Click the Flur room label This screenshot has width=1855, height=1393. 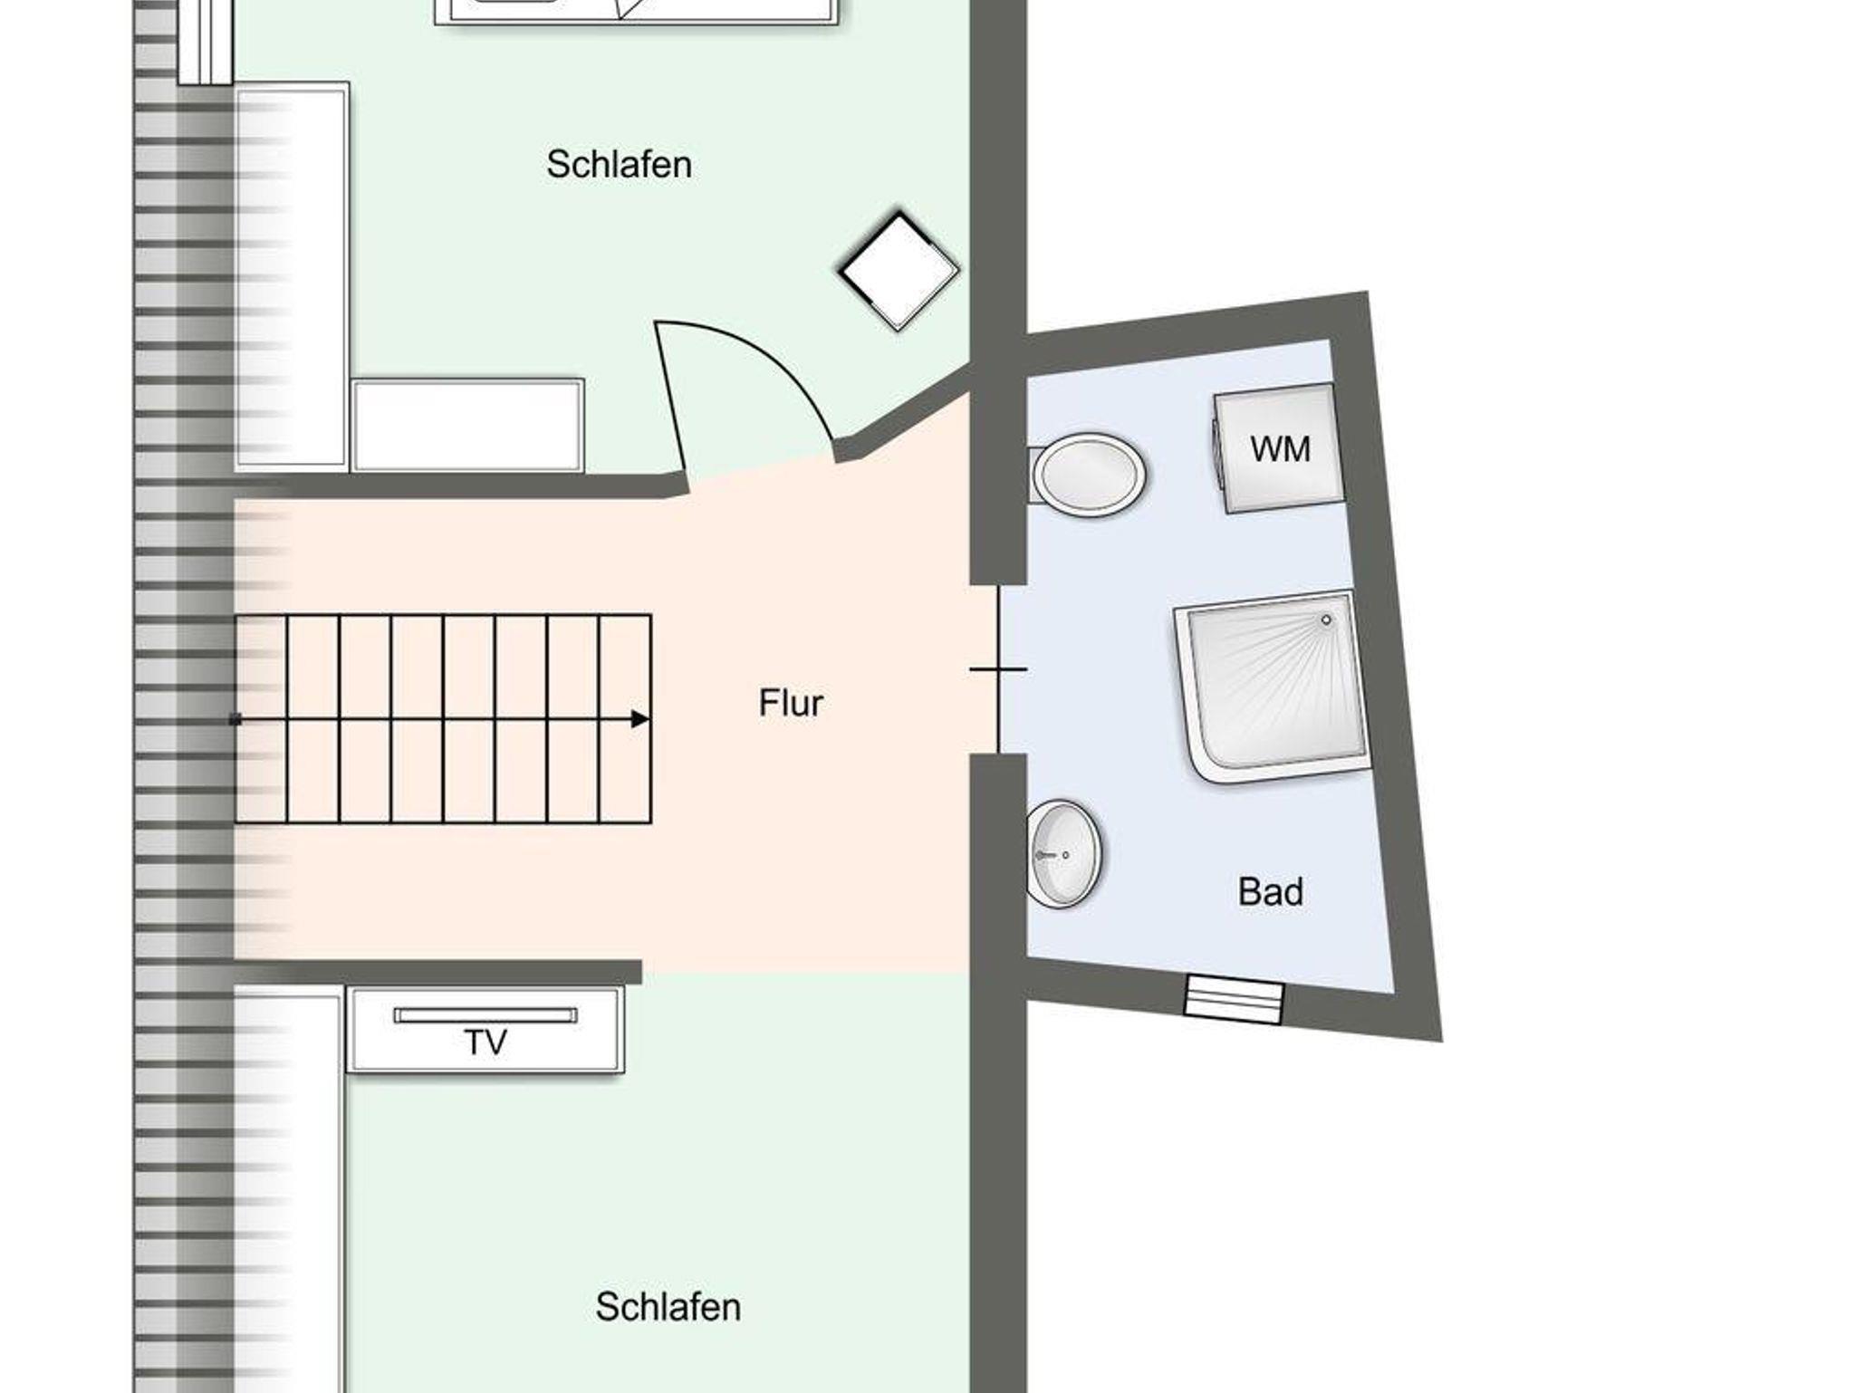[x=791, y=703]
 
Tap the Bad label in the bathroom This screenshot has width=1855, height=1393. [x=1271, y=892]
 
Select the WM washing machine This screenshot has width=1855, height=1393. [x=1279, y=448]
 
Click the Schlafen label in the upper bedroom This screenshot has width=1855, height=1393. [x=619, y=164]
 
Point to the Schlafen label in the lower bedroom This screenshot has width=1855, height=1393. [x=668, y=1307]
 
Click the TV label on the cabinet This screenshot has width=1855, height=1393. [x=485, y=1042]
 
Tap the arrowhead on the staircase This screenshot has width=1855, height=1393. [x=640, y=719]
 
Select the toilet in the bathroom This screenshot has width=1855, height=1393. [x=1087, y=475]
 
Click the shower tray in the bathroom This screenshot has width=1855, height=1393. [x=1273, y=686]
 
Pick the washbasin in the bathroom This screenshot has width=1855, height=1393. [x=1064, y=853]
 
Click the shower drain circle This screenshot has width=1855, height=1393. [x=1327, y=620]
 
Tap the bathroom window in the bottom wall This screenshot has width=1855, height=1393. [x=1235, y=999]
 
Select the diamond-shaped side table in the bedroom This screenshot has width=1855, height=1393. [x=898, y=270]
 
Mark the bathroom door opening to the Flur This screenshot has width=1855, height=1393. [x=998, y=669]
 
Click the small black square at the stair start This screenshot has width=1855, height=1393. [x=235, y=720]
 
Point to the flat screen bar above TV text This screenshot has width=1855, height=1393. [x=485, y=1015]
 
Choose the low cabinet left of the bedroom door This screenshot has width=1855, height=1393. [x=467, y=425]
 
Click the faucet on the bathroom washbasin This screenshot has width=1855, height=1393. [x=1049, y=854]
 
